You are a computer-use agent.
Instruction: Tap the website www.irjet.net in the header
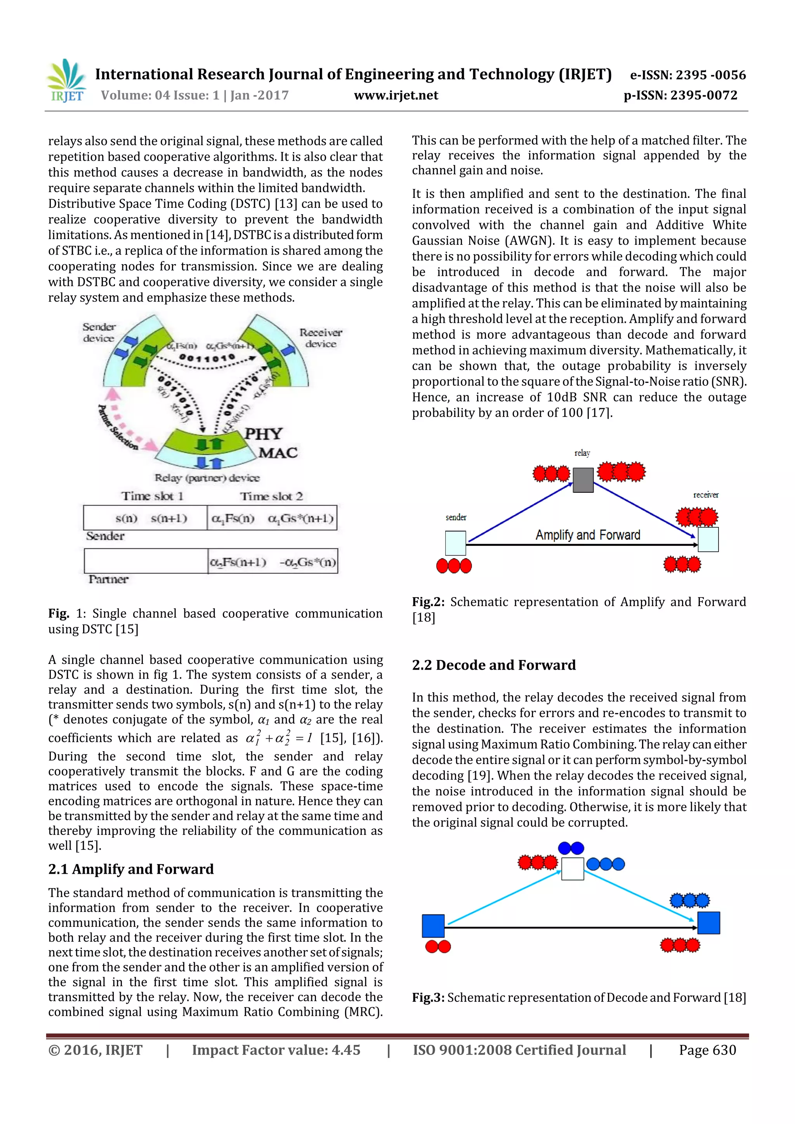pyautogui.click(x=396, y=95)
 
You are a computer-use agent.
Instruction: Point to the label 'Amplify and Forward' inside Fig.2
pyautogui.click(x=587, y=535)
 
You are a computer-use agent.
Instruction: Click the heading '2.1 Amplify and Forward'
pyautogui.click(x=131, y=869)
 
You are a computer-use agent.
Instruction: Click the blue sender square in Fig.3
pyautogui.click(x=433, y=925)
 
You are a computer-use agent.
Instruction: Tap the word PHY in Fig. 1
pyautogui.click(x=264, y=434)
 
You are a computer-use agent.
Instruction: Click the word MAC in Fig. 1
pyautogui.click(x=278, y=452)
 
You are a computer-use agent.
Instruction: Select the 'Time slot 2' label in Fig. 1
pyautogui.click(x=271, y=496)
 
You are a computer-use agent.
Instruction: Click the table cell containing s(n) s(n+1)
pyautogui.click(x=146, y=518)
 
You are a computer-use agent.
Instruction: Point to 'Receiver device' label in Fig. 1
pyautogui.click(x=320, y=338)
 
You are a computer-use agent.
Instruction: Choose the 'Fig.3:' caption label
pyautogui.click(x=428, y=997)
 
